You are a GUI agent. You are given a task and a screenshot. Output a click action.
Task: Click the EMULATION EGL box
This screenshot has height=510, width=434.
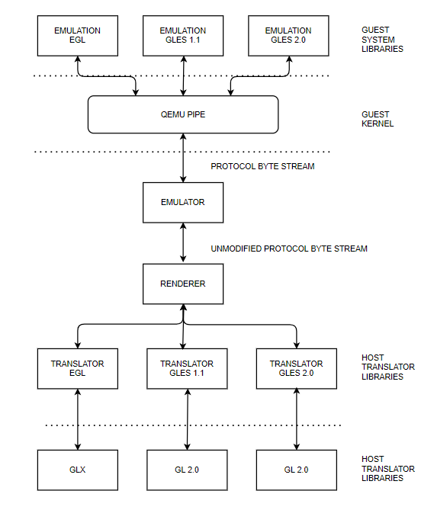click(x=78, y=36)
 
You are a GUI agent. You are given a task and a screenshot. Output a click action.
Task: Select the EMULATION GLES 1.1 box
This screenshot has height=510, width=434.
click(x=183, y=36)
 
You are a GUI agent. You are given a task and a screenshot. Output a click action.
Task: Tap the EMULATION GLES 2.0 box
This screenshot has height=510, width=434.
click(x=288, y=36)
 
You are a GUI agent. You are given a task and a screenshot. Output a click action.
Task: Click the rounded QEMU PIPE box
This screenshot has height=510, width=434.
click(x=183, y=114)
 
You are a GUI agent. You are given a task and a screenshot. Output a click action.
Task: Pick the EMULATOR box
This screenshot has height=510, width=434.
click(x=183, y=202)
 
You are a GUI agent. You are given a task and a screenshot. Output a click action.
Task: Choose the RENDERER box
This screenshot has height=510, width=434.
click(x=183, y=284)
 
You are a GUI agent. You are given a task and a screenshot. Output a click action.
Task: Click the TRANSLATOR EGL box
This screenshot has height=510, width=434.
click(x=78, y=368)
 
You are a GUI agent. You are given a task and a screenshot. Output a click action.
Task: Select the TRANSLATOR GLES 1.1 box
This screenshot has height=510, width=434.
click(x=187, y=368)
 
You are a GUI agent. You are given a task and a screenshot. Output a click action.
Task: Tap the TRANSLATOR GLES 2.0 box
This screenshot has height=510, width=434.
click(x=297, y=368)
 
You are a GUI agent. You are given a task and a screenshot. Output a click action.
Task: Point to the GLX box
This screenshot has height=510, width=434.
click(x=78, y=470)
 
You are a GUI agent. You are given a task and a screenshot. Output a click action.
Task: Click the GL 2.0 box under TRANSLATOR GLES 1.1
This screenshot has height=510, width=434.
click(x=187, y=470)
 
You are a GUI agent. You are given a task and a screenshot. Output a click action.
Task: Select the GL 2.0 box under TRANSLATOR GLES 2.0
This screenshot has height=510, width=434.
click(x=297, y=470)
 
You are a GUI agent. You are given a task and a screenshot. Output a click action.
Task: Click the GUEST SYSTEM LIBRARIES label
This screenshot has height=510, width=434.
click(x=382, y=40)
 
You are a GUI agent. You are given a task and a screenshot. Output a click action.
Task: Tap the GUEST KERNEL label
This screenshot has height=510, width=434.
click(x=378, y=119)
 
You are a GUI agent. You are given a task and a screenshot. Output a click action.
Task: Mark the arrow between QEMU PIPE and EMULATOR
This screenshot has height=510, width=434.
click(x=183, y=158)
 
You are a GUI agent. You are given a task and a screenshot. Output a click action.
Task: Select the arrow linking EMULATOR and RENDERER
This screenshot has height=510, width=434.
click(x=183, y=243)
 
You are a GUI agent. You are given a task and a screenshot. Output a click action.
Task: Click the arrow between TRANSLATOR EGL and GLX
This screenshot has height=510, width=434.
click(x=78, y=419)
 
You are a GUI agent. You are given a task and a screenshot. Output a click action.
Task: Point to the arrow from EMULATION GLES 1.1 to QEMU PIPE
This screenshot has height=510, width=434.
click(x=184, y=75)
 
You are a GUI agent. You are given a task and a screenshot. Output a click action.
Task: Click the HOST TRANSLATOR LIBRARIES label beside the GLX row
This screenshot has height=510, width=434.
click(x=387, y=469)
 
